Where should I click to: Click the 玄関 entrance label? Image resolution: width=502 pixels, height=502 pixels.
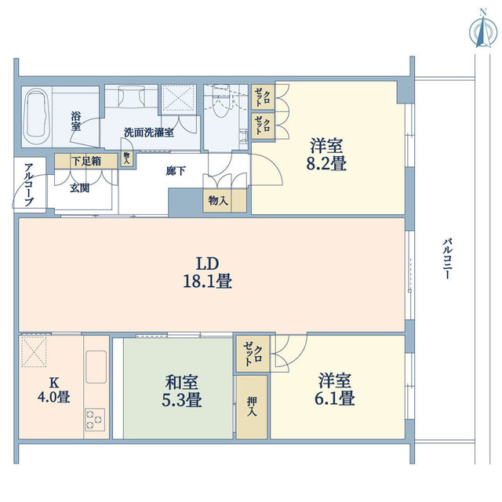coord(78,187)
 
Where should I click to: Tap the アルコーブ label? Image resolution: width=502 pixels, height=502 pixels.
coord(28,184)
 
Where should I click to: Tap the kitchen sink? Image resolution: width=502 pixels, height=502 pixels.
coord(96,368)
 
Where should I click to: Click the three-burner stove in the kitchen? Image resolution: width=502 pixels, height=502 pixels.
coord(95,419)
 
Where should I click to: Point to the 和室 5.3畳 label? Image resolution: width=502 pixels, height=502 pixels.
coord(183,391)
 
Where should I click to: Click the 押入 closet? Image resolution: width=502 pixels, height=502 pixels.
coord(252,406)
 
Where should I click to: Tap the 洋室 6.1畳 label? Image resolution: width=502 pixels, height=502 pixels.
coord(336,390)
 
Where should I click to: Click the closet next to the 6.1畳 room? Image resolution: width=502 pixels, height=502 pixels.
coord(253,354)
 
